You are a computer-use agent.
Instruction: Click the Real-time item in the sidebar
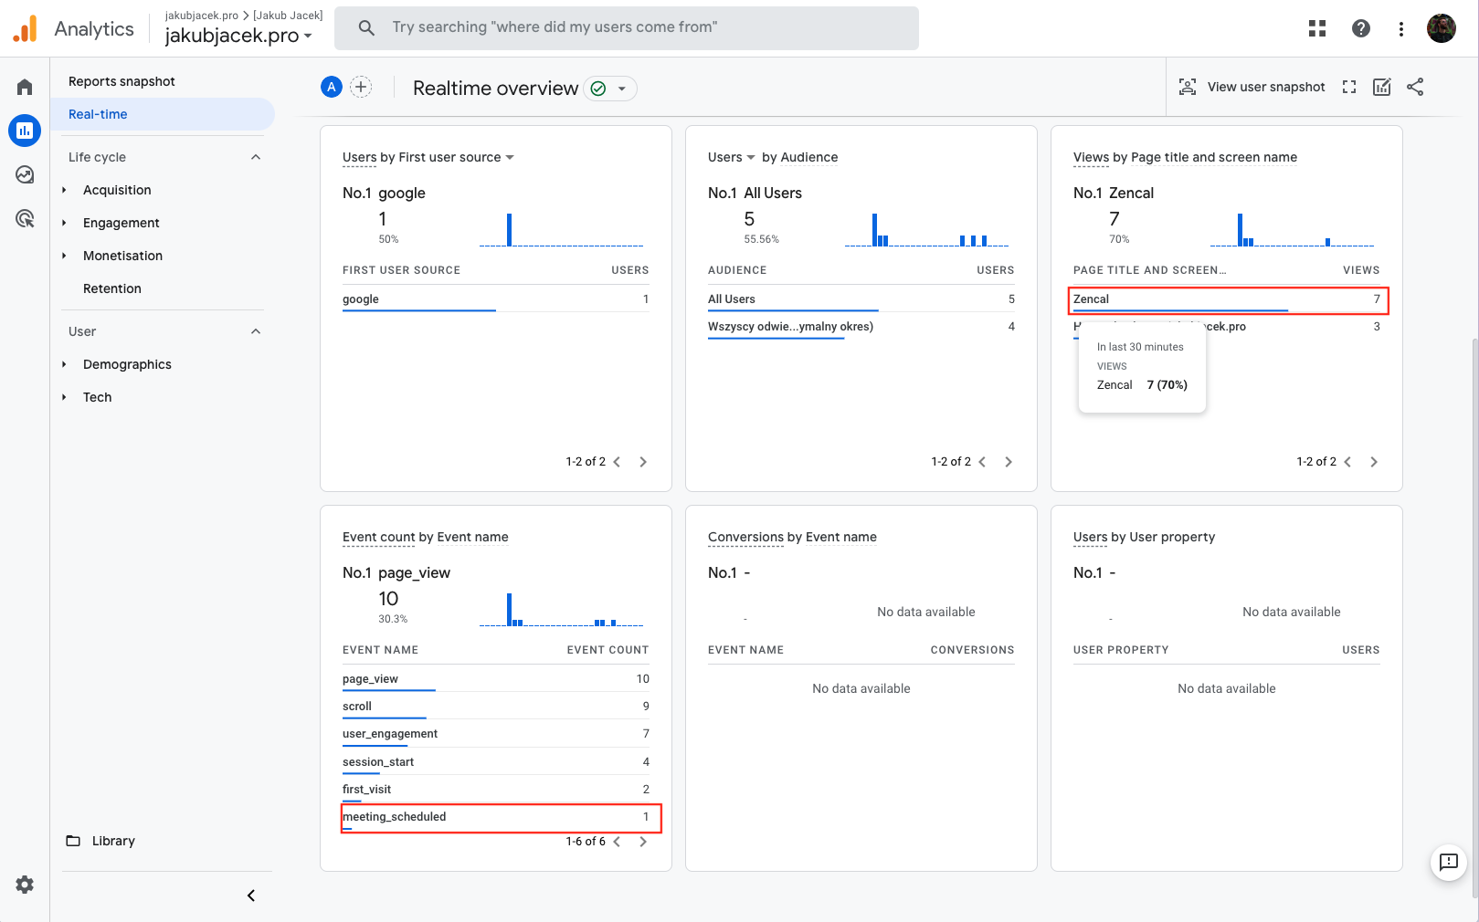click(x=98, y=114)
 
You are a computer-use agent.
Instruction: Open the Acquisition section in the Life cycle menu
click(x=117, y=190)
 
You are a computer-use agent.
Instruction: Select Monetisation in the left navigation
click(x=122, y=256)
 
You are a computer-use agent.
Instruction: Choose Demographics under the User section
click(x=127, y=364)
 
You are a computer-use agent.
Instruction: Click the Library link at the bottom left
click(x=112, y=841)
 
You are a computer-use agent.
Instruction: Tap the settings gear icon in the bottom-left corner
click(x=25, y=884)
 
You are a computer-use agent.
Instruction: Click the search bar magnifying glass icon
click(x=366, y=27)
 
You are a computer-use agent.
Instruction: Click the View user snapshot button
click(x=1252, y=87)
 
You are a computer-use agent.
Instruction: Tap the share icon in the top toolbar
click(x=1415, y=87)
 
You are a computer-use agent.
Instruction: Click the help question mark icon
click(x=1360, y=28)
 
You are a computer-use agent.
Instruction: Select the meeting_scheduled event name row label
click(x=395, y=817)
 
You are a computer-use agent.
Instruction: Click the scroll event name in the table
click(x=357, y=707)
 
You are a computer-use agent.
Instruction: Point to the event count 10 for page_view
click(x=642, y=679)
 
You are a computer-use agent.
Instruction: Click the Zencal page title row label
click(x=1091, y=299)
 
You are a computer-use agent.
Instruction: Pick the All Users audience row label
click(x=732, y=299)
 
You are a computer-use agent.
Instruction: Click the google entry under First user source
click(x=361, y=299)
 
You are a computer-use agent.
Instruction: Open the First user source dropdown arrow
click(x=510, y=157)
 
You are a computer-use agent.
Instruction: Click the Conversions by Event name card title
click(x=792, y=537)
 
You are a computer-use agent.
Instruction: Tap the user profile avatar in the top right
click(x=1441, y=28)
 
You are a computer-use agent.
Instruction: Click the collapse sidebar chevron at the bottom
click(x=251, y=896)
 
